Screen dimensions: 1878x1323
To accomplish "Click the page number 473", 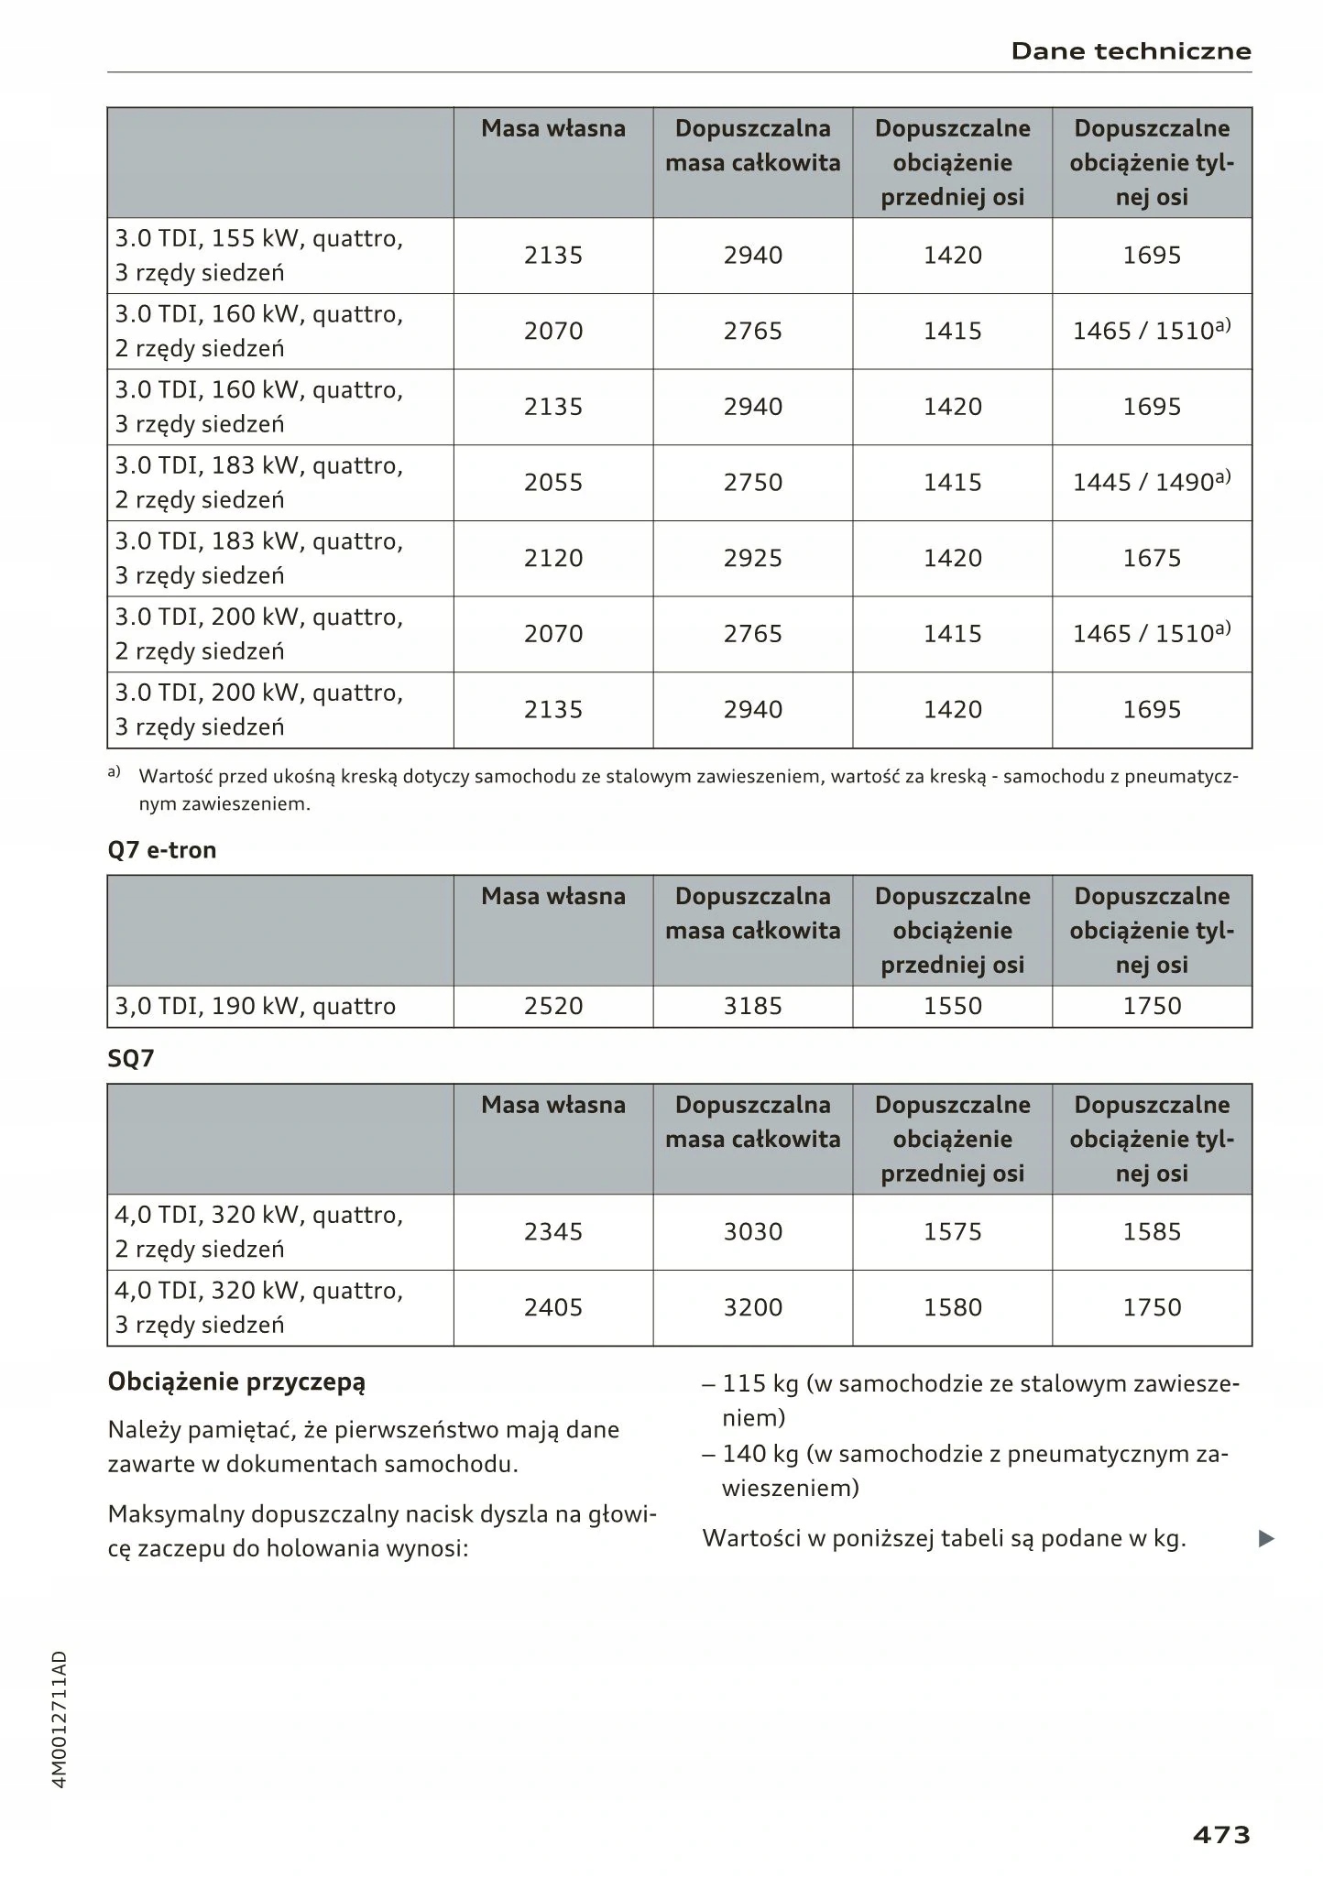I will [x=1221, y=1835].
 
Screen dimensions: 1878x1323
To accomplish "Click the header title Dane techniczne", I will [x=1131, y=51].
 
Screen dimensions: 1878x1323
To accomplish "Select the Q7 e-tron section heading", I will [x=162, y=850].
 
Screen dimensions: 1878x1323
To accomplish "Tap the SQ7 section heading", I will [x=131, y=1059].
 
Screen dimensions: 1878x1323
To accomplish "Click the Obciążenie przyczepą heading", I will [x=236, y=1381].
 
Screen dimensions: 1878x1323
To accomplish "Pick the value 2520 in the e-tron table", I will [x=553, y=1006].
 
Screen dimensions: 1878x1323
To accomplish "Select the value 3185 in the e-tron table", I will [x=753, y=1006].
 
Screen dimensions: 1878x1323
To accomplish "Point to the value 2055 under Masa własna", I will [x=553, y=482].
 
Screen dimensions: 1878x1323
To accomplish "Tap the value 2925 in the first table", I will [x=753, y=558].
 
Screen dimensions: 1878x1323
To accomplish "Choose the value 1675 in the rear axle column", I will [x=1152, y=558].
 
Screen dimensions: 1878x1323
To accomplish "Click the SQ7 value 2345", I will [x=553, y=1231].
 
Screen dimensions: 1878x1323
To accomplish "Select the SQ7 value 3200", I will [x=753, y=1307].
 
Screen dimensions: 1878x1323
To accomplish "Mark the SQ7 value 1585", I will [x=1152, y=1231].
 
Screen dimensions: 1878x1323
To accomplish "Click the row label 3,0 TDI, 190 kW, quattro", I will [x=255, y=1006].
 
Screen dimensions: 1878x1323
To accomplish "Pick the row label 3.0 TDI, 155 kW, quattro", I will [x=258, y=239].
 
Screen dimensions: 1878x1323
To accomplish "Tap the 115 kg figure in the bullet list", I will [x=760, y=1383].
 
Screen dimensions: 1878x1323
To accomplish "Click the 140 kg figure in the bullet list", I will [x=760, y=1454].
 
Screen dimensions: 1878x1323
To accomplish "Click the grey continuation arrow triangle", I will [x=1266, y=1539].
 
